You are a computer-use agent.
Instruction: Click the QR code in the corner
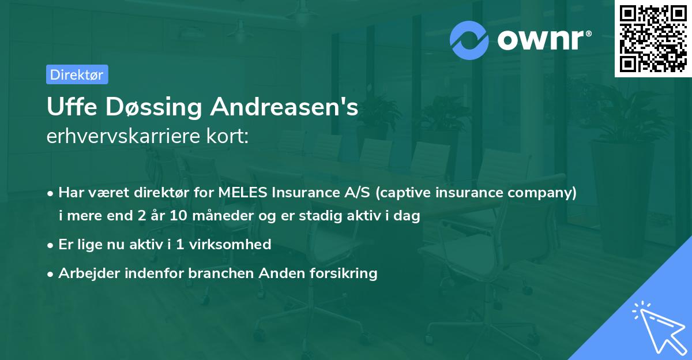pyautogui.click(x=653, y=38)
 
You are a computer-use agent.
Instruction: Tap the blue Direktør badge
pyautogui.click(x=77, y=74)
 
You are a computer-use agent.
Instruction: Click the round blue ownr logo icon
pyautogui.click(x=469, y=40)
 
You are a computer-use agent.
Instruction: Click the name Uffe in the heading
pyautogui.click(x=68, y=107)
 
